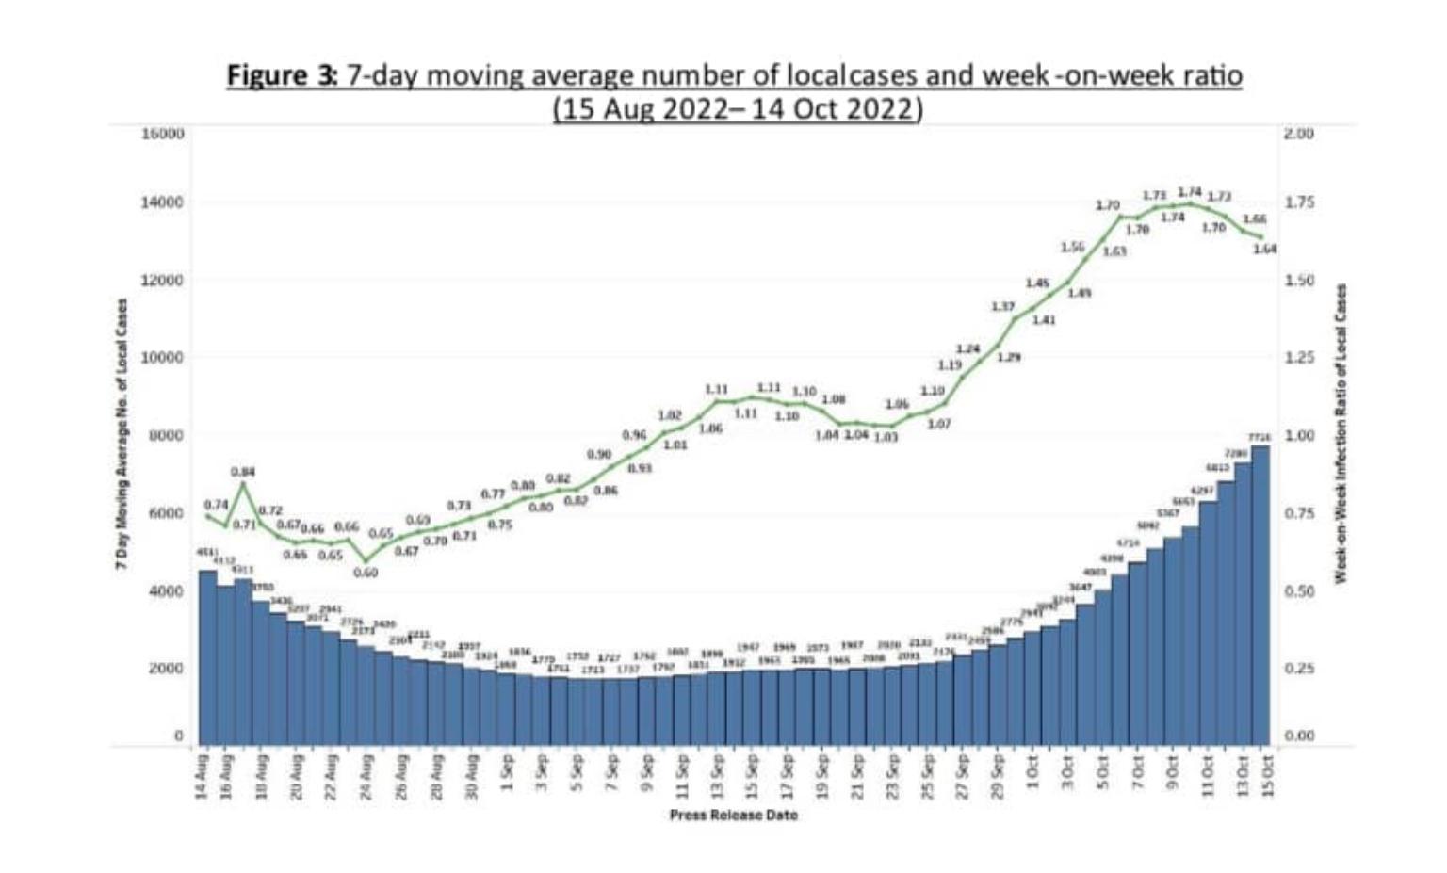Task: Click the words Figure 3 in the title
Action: tap(281, 75)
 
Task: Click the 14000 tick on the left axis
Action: tap(162, 202)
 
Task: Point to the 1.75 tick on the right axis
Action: tap(1299, 202)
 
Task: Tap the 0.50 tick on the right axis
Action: tap(1299, 591)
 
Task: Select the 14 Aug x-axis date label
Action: tap(202, 777)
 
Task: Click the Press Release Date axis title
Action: tap(734, 816)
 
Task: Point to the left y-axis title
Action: tap(122, 434)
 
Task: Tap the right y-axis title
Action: tap(1342, 434)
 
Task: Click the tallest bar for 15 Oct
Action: tap(1260, 593)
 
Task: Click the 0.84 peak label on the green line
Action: tap(243, 471)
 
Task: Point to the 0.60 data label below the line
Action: tap(366, 573)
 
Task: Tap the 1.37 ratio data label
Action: tap(1003, 307)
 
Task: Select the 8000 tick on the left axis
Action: tap(162, 436)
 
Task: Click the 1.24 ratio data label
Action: tap(968, 349)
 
